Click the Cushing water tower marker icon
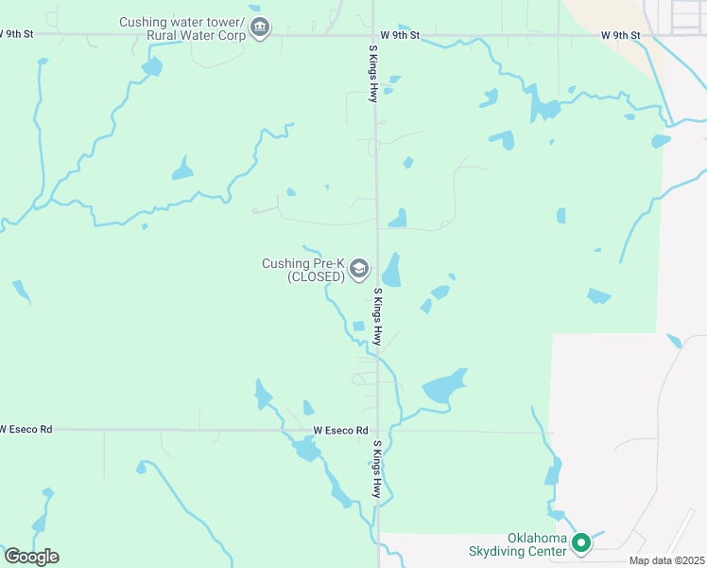pyautogui.click(x=261, y=29)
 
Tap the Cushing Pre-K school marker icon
pyautogui.click(x=358, y=270)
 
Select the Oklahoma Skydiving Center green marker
pyautogui.click(x=581, y=543)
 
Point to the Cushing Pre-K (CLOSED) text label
pyautogui.click(x=303, y=270)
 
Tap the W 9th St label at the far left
pyautogui.click(x=16, y=33)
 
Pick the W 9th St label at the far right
pyautogui.click(x=620, y=35)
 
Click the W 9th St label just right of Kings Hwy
pyautogui.click(x=400, y=35)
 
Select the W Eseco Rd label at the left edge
pyautogui.click(x=26, y=429)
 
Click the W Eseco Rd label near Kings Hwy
pyautogui.click(x=341, y=431)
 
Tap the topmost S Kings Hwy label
pyautogui.click(x=374, y=73)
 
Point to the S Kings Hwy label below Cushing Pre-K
pyautogui.click(x=377, y=317)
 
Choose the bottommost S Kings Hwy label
pyautogui.click(x=376, y=469)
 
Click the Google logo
pyautogui.click(x=31, y=557)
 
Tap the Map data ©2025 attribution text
pyautogui.click(x=667, y=560)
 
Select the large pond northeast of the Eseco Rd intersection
pyautogui.click(x=443, y=387)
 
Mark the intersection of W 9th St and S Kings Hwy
pyautogui.click(x=374, y=35)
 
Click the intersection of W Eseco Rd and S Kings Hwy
pyautogui.click(x=378, y=431)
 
